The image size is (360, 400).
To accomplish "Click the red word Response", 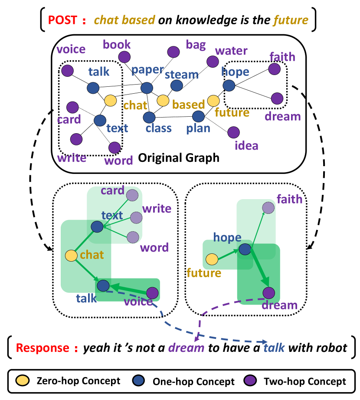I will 42,348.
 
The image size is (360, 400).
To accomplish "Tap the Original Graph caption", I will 179,157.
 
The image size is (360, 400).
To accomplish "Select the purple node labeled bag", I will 174,52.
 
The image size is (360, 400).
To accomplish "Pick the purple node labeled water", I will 213,62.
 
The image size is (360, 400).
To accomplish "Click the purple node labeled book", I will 124,57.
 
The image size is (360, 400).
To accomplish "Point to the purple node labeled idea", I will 233,132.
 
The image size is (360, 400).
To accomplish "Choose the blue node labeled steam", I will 177,85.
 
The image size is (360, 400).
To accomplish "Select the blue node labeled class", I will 149,117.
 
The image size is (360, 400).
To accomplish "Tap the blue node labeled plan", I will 198,116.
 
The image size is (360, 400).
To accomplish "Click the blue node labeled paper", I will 147,88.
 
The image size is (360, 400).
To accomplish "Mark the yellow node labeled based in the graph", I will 163,101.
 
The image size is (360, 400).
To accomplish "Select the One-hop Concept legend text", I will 193,381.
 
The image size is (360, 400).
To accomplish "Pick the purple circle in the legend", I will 253,381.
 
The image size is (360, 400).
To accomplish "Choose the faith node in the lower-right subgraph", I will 268,208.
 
